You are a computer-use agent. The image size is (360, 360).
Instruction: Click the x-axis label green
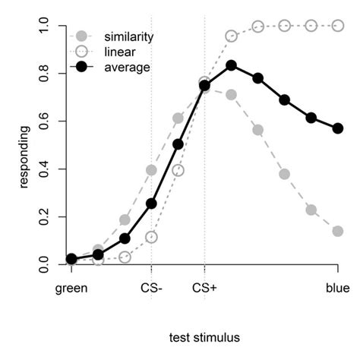(71, 288)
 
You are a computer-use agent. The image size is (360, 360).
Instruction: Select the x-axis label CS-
(151, 288)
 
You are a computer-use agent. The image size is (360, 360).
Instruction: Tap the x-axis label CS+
(204, 288)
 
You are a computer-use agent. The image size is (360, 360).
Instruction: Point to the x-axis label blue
(338, 288)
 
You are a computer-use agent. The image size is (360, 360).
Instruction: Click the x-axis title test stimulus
(204, 332)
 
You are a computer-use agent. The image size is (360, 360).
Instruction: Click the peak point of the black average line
(232, 65)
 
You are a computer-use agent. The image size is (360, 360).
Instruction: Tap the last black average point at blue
(338, 128)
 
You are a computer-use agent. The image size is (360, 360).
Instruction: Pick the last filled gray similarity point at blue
(338, 231)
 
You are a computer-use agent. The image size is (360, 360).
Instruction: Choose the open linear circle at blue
(338, 26)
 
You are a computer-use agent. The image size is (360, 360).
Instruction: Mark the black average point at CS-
(151, 204)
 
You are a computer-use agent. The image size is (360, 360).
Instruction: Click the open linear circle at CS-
(151, 237)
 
